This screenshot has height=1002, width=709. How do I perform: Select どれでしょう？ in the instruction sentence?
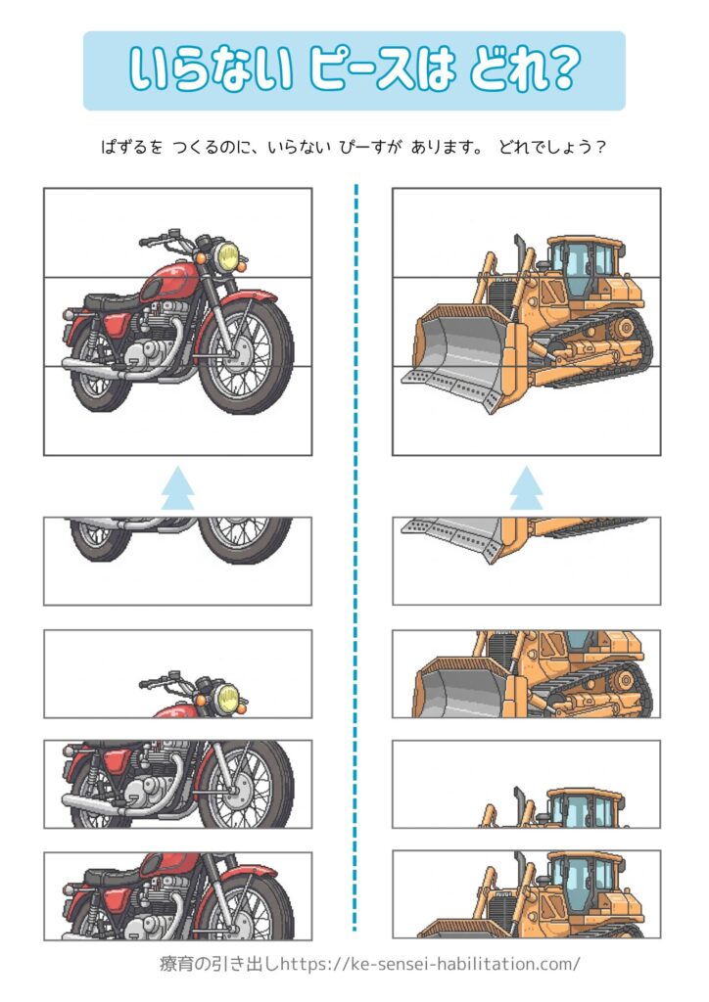point(551,147)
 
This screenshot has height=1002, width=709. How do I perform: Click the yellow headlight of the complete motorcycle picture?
point(227,255)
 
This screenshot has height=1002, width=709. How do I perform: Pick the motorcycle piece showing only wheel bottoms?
point(177,561)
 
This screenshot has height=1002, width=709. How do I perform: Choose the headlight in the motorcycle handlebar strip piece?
point(228,697)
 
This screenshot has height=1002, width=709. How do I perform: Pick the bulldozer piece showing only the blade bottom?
point(526,561)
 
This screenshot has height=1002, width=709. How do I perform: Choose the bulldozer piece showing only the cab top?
point(526,784)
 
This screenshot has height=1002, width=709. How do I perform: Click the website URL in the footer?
point(430,963)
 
